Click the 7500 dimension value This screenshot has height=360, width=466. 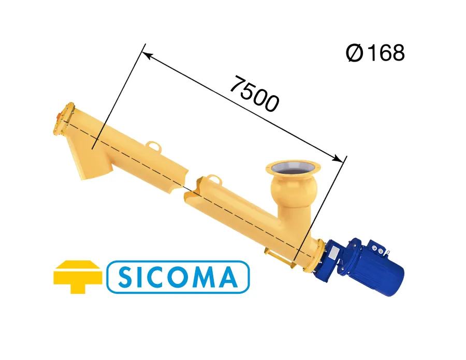click(x=254, y=94)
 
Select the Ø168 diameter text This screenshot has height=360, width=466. click(x=375, y=53)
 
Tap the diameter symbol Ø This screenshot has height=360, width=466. click(x=355, y=53)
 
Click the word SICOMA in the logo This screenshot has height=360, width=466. click(x=178, y=277)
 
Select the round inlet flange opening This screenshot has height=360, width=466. click(x=293, y=168)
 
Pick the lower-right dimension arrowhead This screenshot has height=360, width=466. click(x=338, y=158)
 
